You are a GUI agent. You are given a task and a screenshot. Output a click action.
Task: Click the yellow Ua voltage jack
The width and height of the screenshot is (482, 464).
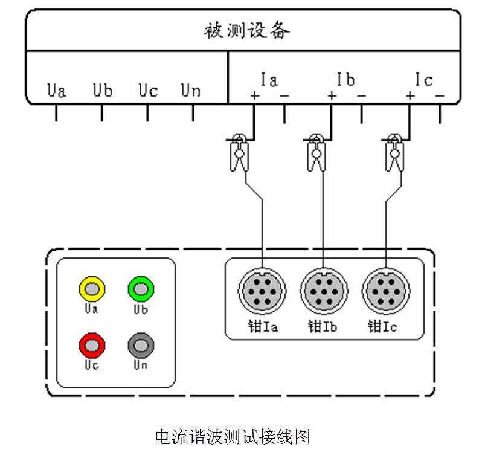92,289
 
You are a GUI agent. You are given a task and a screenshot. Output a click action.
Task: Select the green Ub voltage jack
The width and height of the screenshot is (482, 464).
141,289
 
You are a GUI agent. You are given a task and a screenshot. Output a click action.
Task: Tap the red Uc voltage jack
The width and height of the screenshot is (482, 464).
92,346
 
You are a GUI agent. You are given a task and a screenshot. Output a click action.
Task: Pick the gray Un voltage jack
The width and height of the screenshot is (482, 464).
141,346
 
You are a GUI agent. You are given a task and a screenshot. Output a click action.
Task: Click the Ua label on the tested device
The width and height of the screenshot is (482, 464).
56,91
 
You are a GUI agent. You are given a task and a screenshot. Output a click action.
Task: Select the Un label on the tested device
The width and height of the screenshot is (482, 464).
191,91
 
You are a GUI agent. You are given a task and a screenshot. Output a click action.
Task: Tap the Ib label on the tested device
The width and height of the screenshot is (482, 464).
345,79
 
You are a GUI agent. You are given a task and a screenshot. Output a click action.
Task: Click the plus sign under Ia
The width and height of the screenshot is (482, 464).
254,95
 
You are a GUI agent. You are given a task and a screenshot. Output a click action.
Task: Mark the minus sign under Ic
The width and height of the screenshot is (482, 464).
440,95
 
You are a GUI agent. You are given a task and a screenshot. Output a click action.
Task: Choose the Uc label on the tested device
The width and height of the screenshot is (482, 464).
148,91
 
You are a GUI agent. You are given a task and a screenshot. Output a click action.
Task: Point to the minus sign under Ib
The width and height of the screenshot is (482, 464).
361,95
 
